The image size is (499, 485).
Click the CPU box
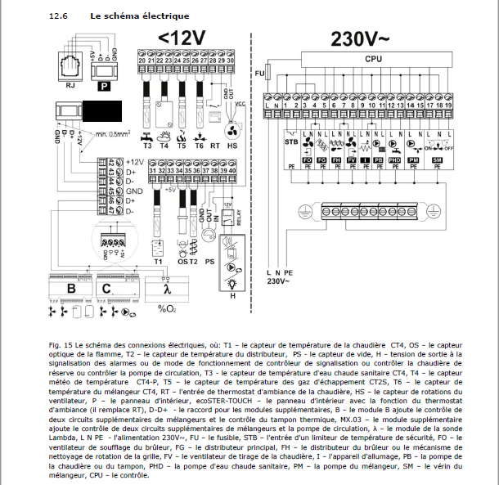tap(374, 59)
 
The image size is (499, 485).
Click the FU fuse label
tap(258, 74)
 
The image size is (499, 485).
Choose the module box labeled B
tap(70, 288)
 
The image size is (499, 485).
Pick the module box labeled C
tap(107, 288)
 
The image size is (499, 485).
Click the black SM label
tap(436, 161)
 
